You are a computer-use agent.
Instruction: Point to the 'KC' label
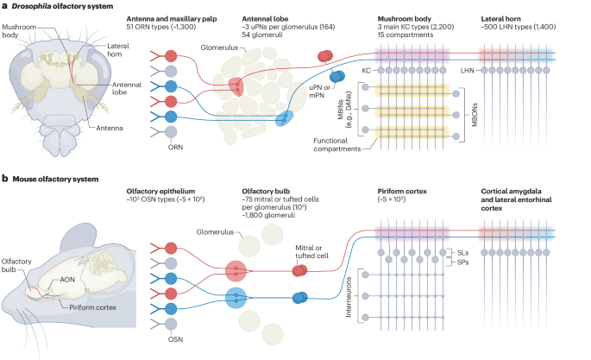[366, 68]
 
